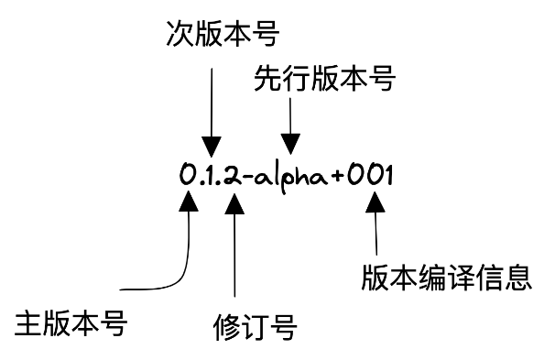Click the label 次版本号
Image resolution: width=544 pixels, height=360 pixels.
click(x=223, y=35)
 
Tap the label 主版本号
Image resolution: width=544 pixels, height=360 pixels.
click(x=71, y=323)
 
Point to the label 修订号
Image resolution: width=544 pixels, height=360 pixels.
click(x=255, y=327)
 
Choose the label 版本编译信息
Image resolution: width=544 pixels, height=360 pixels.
click(x=447, y=276)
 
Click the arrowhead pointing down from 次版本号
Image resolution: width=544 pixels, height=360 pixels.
click(x=212, y=145)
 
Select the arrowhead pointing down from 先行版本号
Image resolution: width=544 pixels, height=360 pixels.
click(x=290, y=143)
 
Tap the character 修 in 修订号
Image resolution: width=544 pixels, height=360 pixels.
click(x=224, y=327)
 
